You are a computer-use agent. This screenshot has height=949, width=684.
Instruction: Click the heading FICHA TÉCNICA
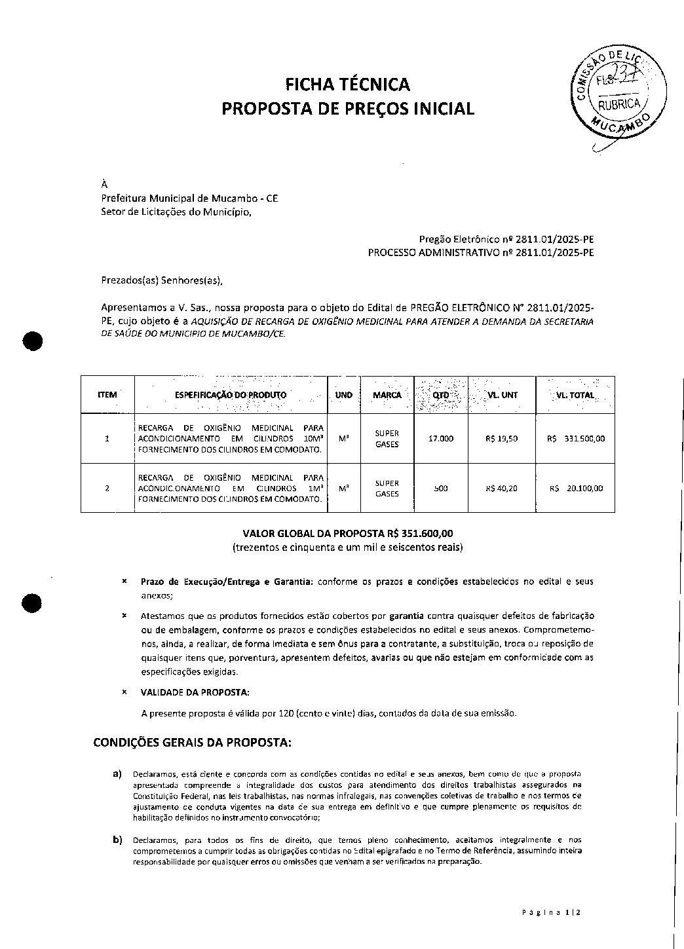point(347,84)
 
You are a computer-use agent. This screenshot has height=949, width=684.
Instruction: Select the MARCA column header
point(387,395)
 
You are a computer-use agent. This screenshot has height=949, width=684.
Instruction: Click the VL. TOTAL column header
point(576,395)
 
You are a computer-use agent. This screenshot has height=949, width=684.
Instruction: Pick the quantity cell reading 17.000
point(440,439)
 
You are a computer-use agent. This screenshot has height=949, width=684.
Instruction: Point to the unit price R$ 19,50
point(502,439)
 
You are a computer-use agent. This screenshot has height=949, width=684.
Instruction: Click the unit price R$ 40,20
point(502,488)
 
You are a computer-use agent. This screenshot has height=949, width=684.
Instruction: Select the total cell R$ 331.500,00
point(576,439)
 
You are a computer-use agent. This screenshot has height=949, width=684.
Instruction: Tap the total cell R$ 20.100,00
point(577,488)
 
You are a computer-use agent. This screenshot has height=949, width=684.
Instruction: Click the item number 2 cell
point(107,488)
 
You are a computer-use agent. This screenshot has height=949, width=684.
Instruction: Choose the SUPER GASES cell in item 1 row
point(387,439)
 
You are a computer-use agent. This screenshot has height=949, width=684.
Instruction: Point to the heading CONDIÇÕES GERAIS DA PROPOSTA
point(192,743)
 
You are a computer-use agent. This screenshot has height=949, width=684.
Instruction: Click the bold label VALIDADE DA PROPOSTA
point(195,692)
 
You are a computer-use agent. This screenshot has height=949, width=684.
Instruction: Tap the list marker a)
point(118,774)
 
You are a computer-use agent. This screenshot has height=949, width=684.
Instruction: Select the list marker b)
point(118,840)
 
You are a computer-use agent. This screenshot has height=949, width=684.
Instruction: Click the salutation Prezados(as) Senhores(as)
point(162,281)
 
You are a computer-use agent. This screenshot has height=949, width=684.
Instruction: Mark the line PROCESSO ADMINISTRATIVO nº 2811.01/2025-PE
point(481,252)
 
